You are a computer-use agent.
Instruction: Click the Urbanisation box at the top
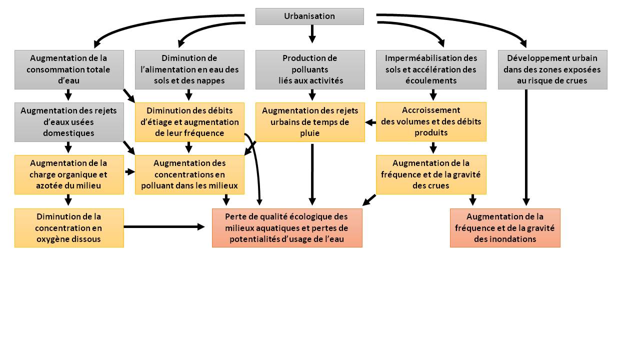pyautogui.click(x=309, y=16)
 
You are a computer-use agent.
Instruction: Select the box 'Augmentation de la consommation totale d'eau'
pyautogui.click(x=69, y=69)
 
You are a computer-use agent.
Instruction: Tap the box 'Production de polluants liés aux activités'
pyautogui.click(x=310, y=69)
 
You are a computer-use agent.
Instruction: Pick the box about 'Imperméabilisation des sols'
pyautogui.click(x=431, y=69)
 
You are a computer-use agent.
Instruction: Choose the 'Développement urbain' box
pyautogui.click(x=552, y=69)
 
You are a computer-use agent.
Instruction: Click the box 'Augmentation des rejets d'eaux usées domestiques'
pyautogui.click(x=69, y=122)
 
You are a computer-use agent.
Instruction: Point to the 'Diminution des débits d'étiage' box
pyautogui.click(x=189, y=122)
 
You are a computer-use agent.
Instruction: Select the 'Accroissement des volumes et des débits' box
pyautogui.click(x=431, y=121)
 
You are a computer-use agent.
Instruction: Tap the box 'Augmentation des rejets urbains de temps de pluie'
pyautogui.click(x=310, y=122)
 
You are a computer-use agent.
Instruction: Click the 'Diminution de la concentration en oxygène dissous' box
pyautogui.click(x=69, y=228)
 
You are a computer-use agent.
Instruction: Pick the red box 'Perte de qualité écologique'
pyautogui.click(x=287, y=228)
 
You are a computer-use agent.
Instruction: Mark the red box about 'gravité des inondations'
pyautogui.click(x=505, y=228)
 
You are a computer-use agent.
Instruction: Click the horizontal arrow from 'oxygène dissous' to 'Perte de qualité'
pyautogui.click(x=164, y=227)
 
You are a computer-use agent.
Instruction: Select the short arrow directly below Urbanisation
pyautogui.click(x=312, y=34)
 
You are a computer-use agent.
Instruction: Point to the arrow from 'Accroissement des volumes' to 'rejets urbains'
pyautogui.click(x=370, y=122)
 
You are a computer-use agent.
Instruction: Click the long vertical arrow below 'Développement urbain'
pyautogui.click(x=526, y=147)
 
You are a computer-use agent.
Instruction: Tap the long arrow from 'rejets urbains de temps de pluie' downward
pyautogui.click(x=312, y=174)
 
